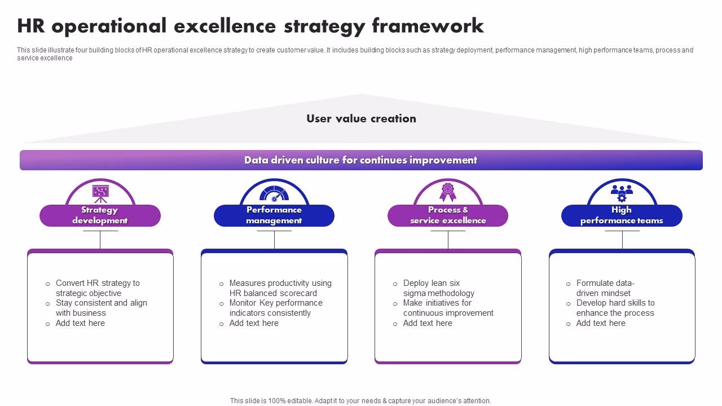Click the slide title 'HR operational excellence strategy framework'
coord(250,26)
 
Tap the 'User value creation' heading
coord(361,118)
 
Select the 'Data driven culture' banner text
coord(361,160)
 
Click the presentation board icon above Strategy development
coord(100,193)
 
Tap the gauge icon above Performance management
coord(274,193)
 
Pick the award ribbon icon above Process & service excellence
coord(448,192)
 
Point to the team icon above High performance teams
coord(622,193)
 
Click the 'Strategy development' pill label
coord(100,215)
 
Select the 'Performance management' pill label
coord(274,215)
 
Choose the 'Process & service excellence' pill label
coord(448,215)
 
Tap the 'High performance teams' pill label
coord(622,215)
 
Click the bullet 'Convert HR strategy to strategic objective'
coord(97,288)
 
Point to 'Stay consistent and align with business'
coord(101,308)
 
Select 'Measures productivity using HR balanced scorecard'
coord(280,288)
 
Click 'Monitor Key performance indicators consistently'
coord(275,308)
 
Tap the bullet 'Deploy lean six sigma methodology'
coord(438,288)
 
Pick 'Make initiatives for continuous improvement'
coord(448,308)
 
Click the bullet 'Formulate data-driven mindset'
coord(605,288)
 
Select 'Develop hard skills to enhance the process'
coord(615,308)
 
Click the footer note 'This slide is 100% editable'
coord(360,401)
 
